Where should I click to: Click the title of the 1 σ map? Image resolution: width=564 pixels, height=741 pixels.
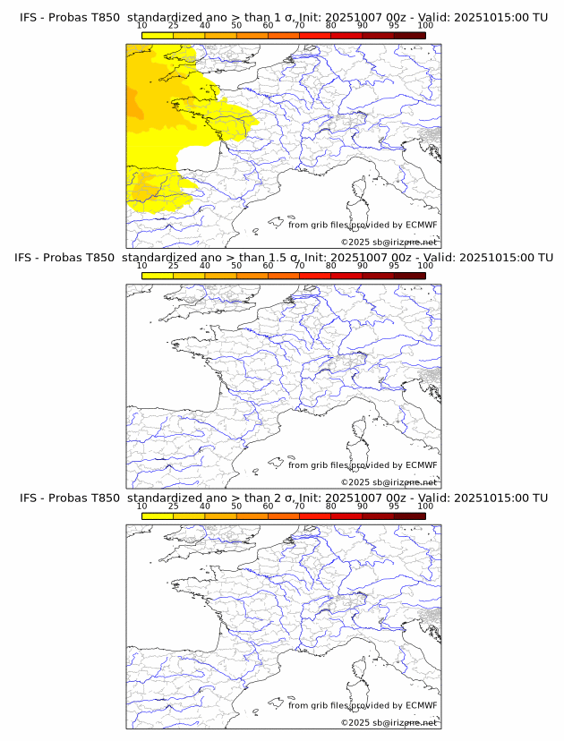click(x=283, y=17)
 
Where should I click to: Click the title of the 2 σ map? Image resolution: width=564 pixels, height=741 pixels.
click(x=283, y=498)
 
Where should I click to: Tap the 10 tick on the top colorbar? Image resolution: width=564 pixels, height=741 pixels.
click(x=141, y=26)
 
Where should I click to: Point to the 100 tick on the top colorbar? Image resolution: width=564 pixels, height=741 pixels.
click(x=425, y=26)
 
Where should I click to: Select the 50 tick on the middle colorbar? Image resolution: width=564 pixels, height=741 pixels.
click(x=236, y=266)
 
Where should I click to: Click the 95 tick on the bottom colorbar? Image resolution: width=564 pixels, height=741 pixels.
click(x=394, y=507)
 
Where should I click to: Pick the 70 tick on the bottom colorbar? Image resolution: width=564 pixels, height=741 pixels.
click(x=299, y=507)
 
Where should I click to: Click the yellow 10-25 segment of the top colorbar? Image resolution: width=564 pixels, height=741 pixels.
click(x=158, y=35)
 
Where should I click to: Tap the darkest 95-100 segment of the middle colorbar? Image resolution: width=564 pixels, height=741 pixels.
click(x=409, y=276)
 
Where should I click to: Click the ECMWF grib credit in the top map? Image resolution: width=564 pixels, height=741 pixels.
click(x=363, y=225)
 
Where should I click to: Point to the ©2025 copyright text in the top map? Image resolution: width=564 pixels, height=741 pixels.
click(x=389, y=242)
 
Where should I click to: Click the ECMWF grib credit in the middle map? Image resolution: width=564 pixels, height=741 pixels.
click(x=363, y=464)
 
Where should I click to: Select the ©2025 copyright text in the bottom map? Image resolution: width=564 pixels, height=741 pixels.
click(x=389, y=722)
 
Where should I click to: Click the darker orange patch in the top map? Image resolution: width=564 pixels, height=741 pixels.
click(x=134, y=103)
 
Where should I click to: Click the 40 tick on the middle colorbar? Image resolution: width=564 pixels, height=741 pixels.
click(x=205, y=266)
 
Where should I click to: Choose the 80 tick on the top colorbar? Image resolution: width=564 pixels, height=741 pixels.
click(x=331, y=26)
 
